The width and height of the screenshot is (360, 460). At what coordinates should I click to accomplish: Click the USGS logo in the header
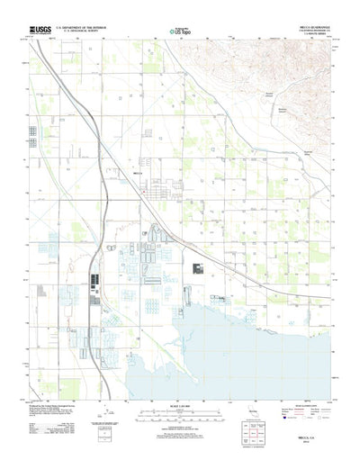point(41,30)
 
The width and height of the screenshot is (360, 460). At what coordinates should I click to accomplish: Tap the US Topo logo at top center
point(180,32)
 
